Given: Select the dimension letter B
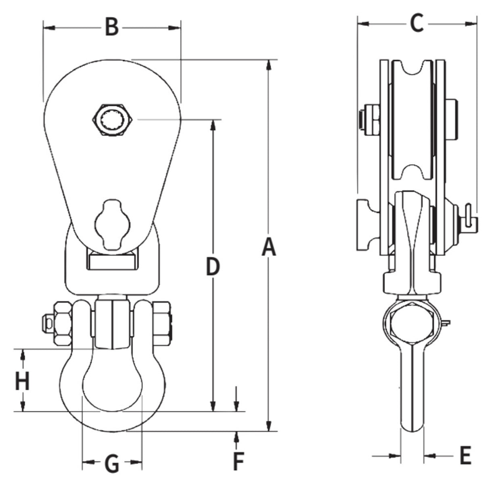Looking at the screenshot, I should click(x=111, y=27).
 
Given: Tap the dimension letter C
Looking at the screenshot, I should click(x=416, y=23).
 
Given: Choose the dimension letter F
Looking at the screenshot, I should click(x=238, y=461).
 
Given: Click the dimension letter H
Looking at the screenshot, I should click(x=22, y=381).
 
